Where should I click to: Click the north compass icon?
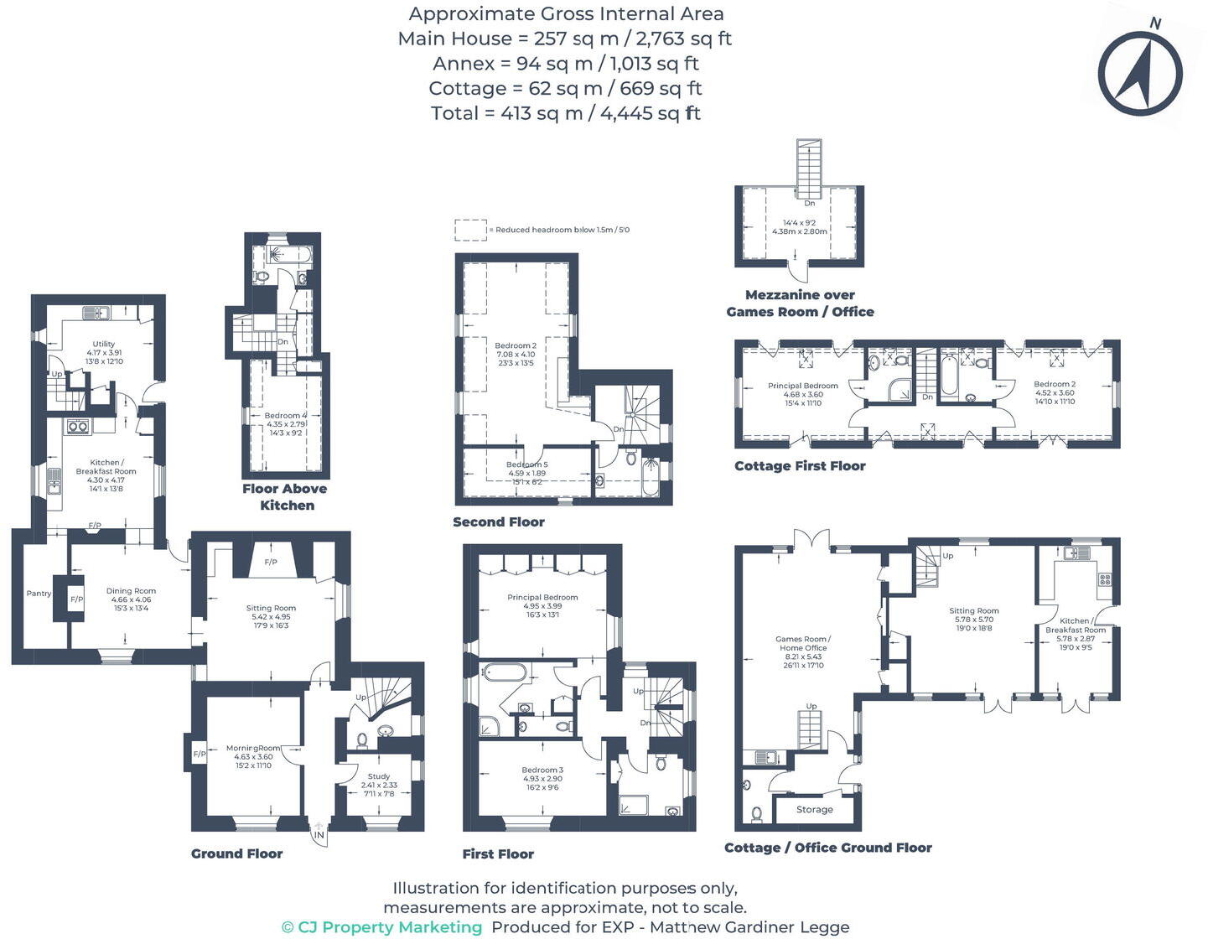tap(1140, 73)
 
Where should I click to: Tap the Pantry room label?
tap(39, 594)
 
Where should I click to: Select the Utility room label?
tap(104, 344)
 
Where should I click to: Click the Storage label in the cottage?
tap(814, 810)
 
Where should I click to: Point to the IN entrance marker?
tap(319, 835)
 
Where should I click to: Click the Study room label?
tap(379, 776)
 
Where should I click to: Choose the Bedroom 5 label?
tap(527, 464)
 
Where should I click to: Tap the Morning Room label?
tap(253, 748)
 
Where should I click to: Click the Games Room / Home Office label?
tap(803, 643)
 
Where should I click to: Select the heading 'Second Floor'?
tap(499, 522)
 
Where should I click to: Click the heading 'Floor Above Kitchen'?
tap(285, 497)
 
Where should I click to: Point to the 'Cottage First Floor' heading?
tap(800, 466)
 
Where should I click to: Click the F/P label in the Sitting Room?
tap(271, 562)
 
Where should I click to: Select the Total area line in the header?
tap(565, 113)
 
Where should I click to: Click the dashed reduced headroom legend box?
tap(470, 230)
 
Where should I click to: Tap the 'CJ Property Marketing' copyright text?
tap(382, 927)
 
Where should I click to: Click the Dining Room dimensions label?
tap(131, 604)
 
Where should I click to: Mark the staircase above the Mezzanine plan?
tap(810, 169)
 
